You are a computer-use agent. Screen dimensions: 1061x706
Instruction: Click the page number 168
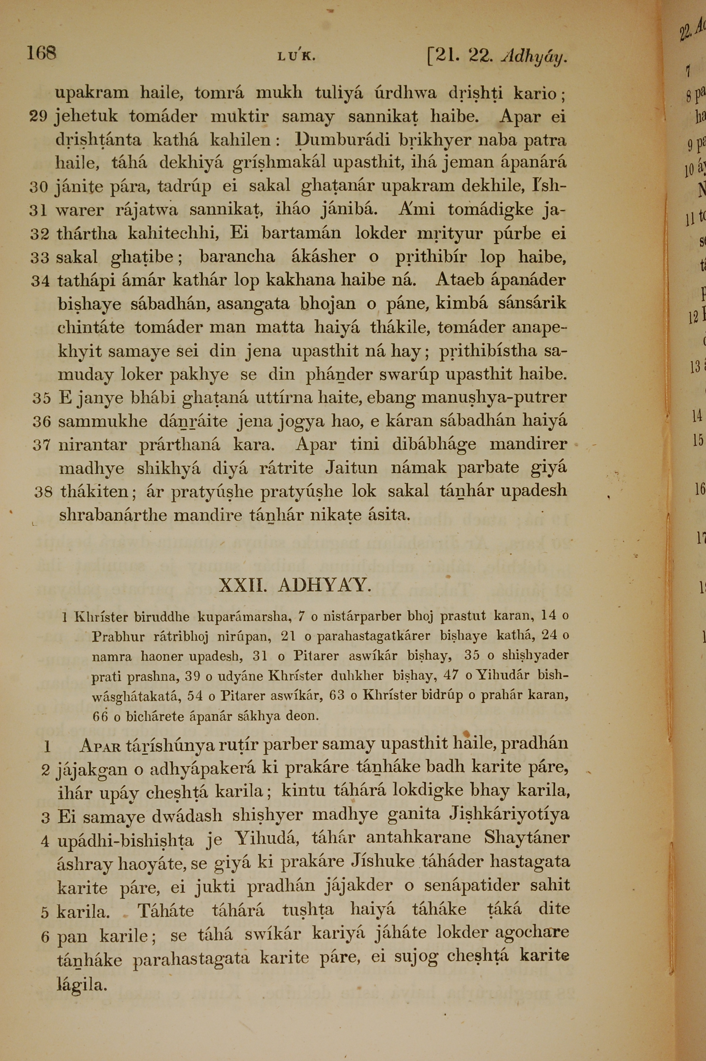[41, 54]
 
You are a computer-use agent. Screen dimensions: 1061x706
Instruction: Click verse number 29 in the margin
[39, 117]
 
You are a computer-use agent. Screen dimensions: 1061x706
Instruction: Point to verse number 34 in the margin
[40, 281]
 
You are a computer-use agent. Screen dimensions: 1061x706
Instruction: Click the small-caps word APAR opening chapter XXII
[100, 746]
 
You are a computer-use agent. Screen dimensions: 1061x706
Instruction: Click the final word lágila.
[82, 985]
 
